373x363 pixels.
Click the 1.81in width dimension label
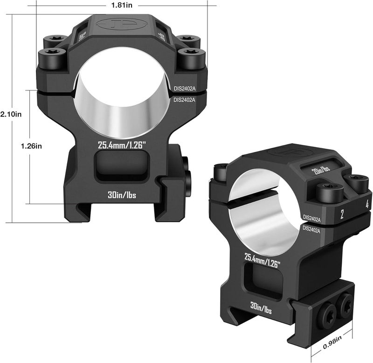point(122,5)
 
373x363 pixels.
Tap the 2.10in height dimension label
point(11,114)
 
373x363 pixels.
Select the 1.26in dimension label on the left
point(31,146)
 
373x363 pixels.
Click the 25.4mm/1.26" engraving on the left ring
point(121,145)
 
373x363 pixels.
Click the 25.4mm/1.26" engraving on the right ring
point(262,260)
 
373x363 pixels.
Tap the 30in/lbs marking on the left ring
point(122,195)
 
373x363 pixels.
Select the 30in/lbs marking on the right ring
point(261,308)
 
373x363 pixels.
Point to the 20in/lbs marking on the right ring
point(321,170)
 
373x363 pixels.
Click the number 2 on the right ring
point(342,214)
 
